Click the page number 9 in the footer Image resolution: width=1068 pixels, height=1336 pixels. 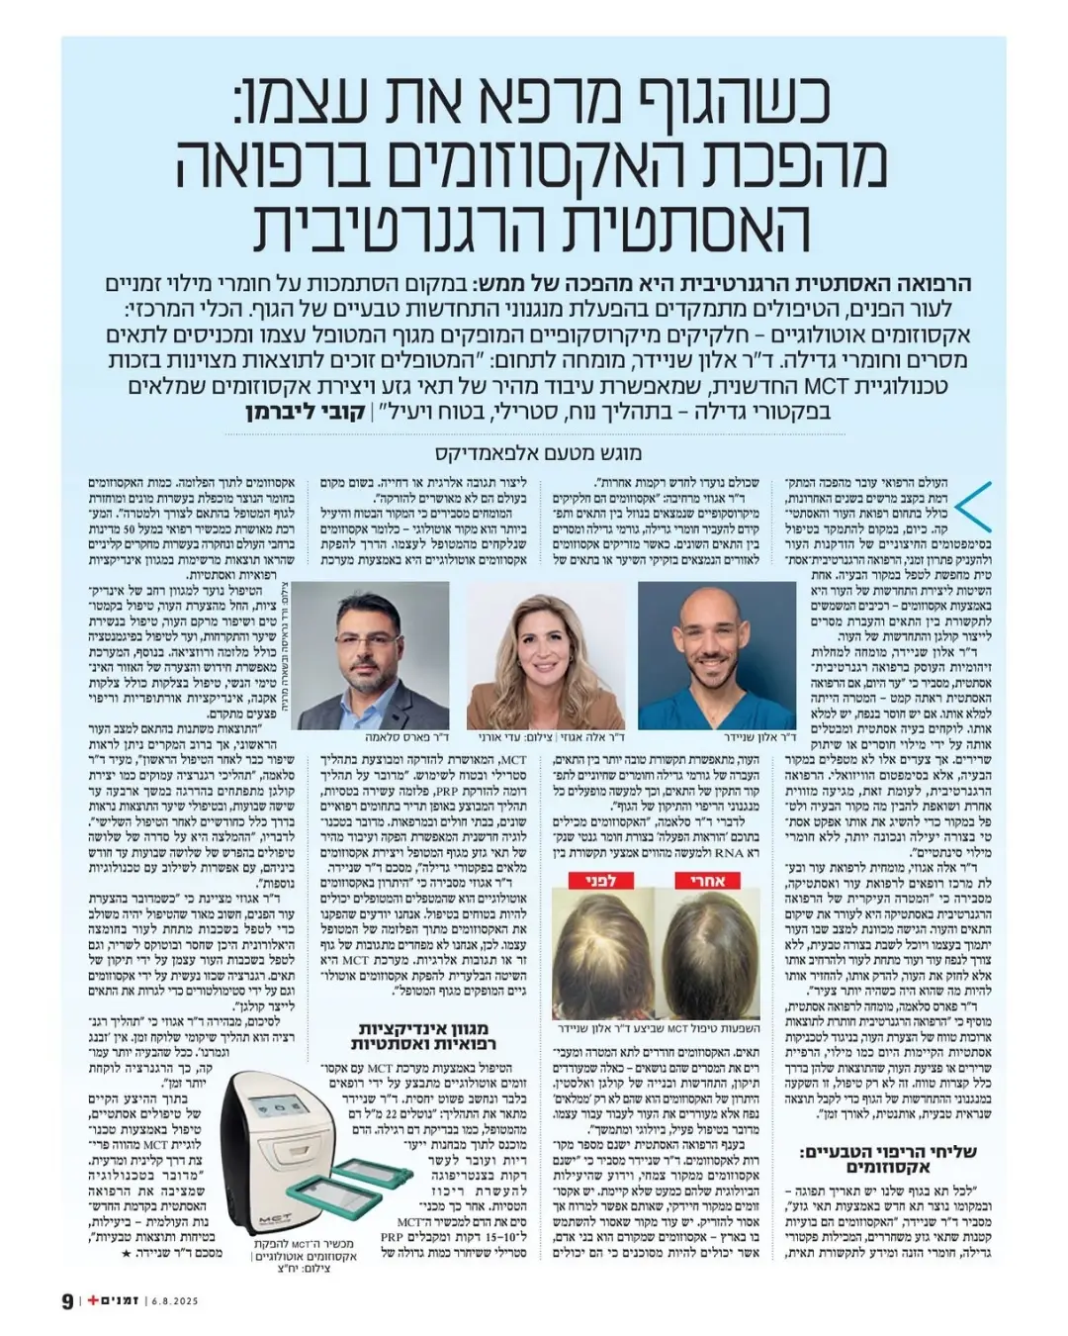click(66, 1300)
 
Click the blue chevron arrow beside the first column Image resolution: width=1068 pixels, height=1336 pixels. click(977, 505)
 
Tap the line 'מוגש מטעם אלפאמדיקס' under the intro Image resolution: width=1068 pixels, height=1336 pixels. click(538, 454)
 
